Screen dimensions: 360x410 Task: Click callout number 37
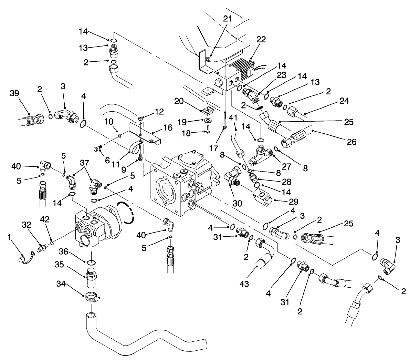click(x=84, y=162)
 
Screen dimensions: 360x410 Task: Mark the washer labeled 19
click(x=208, y=121)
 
